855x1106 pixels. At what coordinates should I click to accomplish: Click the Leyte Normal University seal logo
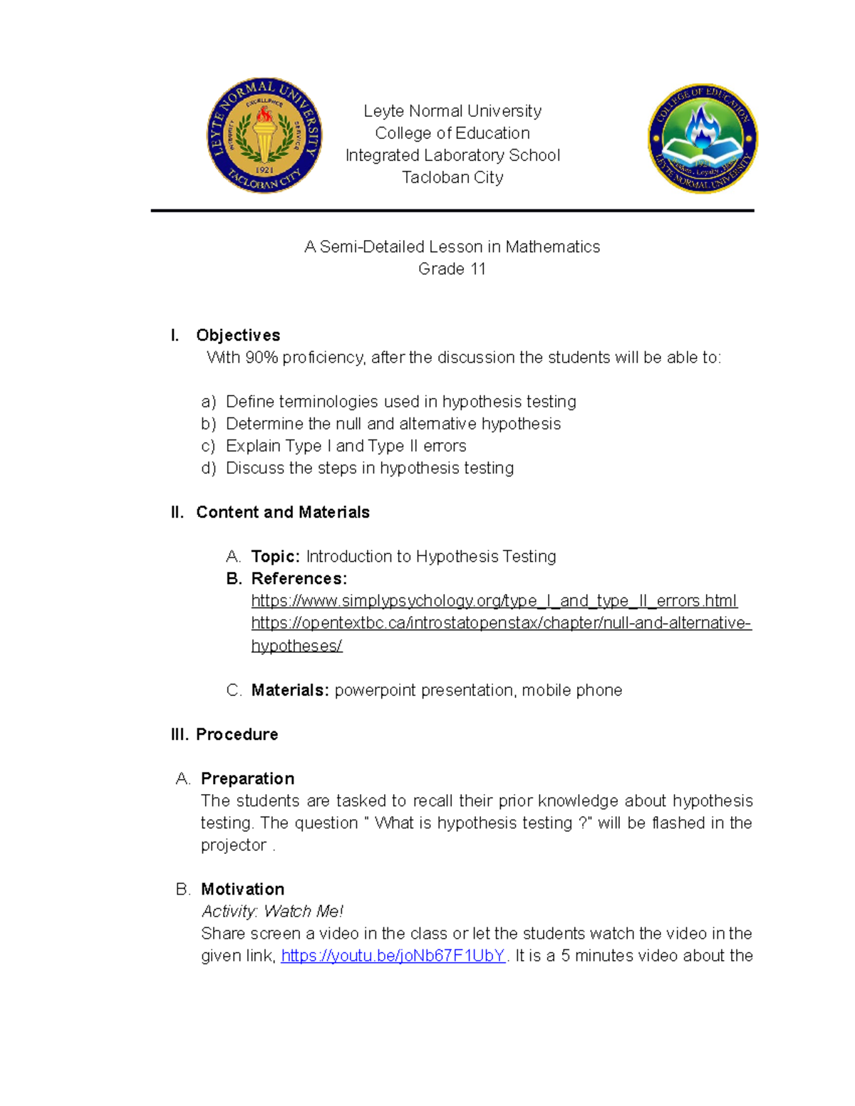(x=264, y=135)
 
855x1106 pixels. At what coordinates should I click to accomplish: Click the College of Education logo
(x=703, y=138)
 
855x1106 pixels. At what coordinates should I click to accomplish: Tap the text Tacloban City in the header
(x=452, y=177)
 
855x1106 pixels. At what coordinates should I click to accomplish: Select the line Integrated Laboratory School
(x=452, y=155)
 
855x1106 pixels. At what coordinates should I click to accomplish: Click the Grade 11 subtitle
(x=452, y=268)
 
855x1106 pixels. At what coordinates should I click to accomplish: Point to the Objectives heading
(x=238, y=335)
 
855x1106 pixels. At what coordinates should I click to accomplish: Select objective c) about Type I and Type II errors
(x=346, y=446)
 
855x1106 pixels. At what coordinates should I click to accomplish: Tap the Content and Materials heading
(x=282, y=512)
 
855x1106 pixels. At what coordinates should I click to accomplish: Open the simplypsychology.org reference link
(x=494, y=601)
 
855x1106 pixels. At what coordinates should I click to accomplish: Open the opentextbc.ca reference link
(x=501, y=623)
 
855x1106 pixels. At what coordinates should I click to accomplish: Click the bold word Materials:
(x=290, y=690)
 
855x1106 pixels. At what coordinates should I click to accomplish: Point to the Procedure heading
(x=237, y=734)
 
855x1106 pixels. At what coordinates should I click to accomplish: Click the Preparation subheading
(x=247, y=778)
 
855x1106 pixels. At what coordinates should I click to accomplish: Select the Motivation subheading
(x=242, y=889)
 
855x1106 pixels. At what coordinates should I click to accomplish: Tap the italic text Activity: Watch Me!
(x=272, y=912)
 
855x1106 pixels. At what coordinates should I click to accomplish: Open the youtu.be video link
(x=393, y=956)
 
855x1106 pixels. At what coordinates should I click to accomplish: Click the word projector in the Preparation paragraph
(x=233, y=845)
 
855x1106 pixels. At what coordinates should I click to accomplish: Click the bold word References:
(x=299, y=578)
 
